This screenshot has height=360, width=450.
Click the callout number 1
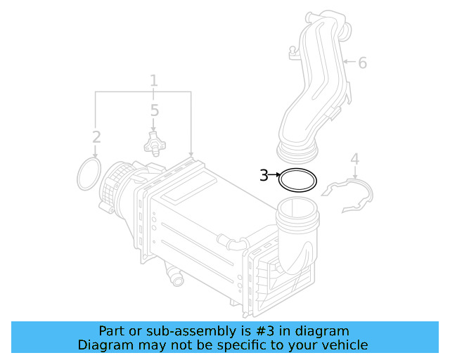153,81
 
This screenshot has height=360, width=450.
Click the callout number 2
96,136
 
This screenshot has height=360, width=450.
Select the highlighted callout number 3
264,175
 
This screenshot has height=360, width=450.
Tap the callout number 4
354,159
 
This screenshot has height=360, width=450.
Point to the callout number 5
154,110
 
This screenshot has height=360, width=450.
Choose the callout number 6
362,63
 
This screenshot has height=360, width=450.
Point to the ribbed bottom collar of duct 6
298,148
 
